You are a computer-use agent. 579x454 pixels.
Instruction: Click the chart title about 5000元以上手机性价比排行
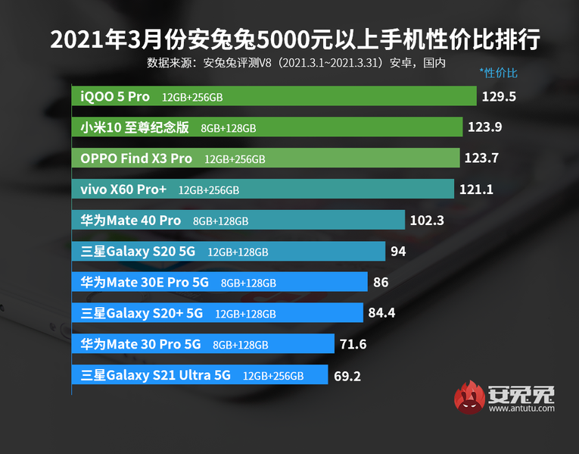point(290,40)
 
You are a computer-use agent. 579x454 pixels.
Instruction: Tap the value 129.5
point(498,96)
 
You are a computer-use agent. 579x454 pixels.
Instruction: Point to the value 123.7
point(484,158)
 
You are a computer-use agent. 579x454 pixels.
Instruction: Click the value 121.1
point(476,189)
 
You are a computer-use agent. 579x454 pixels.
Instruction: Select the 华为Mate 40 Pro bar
point(238,221)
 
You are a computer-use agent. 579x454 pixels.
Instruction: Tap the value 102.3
point(427,221)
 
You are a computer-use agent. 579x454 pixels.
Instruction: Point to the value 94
point(398,251)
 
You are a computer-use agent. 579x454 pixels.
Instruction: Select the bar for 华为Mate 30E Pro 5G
point(219,282)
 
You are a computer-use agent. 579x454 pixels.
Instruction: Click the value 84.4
point(383,313)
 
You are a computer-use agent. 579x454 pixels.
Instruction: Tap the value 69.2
point(350,375)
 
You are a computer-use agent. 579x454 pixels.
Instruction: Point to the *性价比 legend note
point(498,74)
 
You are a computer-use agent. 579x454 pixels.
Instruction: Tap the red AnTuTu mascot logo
point(470,399)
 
